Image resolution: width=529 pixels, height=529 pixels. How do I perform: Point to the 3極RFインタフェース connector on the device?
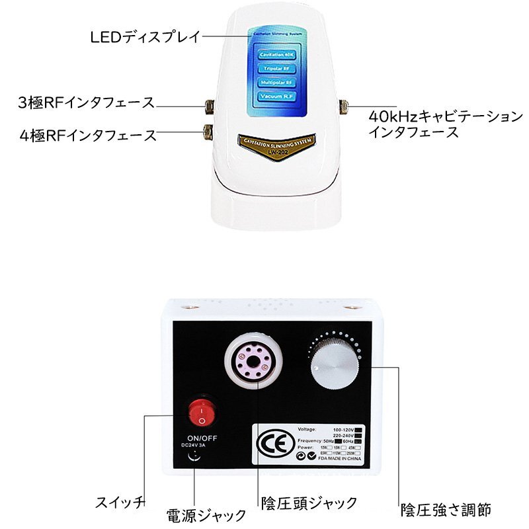[208, 104]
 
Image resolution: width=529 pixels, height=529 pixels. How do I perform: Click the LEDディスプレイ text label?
[145, 36]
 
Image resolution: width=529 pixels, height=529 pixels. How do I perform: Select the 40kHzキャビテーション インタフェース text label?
[445, 124]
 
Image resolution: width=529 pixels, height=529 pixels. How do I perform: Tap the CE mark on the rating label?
[272, 442]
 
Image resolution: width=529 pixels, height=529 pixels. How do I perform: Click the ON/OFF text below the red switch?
[203, 437]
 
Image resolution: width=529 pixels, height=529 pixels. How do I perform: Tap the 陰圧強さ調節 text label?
[446, 509]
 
